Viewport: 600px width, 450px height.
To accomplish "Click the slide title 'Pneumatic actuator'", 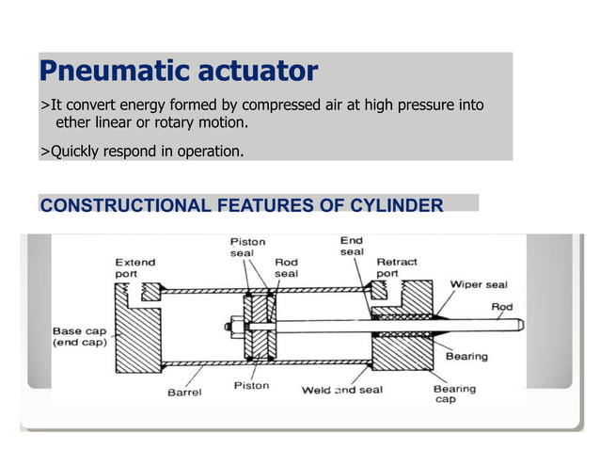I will [178, 72].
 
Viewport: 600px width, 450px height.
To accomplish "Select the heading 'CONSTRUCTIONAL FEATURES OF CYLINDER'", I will [241, 205].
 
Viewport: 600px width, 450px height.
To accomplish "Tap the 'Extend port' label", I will [135, 267].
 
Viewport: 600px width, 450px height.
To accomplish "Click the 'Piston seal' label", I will [247, 247].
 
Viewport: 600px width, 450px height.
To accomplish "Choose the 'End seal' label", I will [352, 247].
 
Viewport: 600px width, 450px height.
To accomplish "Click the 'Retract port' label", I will [397, 268].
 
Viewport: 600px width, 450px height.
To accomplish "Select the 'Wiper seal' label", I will [479, 283].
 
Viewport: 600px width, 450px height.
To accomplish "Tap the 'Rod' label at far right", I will [502, 306].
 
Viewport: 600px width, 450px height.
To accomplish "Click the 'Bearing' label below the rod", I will [466, 357].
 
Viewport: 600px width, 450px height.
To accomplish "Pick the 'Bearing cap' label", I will [453, 394].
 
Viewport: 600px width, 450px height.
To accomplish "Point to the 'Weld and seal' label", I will [341, 390].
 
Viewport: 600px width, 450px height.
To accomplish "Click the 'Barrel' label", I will [184, 393].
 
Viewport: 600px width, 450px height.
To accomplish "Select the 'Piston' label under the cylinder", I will [250, 385].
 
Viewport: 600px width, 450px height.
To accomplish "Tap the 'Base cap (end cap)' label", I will [80, 337].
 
